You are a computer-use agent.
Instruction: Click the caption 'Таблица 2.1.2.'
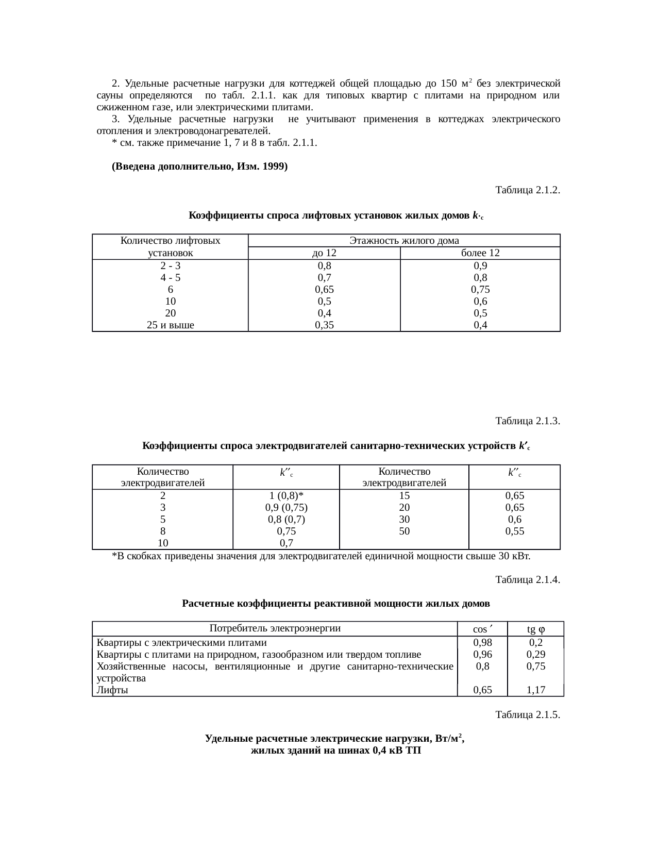tap(527, 190)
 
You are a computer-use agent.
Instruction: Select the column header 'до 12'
tap(325, 253)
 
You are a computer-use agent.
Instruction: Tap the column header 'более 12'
tap(480, 253)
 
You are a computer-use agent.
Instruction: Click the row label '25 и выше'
tap(170, 325)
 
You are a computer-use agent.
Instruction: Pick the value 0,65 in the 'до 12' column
tap(325, 290)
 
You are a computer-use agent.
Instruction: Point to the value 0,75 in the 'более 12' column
tap(480, 290)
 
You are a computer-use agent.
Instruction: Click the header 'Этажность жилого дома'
tap(404, 241)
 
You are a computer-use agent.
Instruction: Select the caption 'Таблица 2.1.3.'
tap(527, 421)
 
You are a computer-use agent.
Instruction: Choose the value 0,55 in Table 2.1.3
tap(515, 531)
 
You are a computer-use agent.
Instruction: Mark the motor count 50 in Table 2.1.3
tap(405, 531)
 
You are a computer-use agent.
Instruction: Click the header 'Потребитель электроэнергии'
tap(275, 628)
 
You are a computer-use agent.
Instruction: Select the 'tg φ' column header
tap(536, 629)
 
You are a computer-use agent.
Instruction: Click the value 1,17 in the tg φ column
tap(536, 690)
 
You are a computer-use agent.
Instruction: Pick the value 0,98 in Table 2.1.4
tap(483, 643)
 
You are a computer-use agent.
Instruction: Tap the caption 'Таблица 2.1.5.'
tap(527, 715)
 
